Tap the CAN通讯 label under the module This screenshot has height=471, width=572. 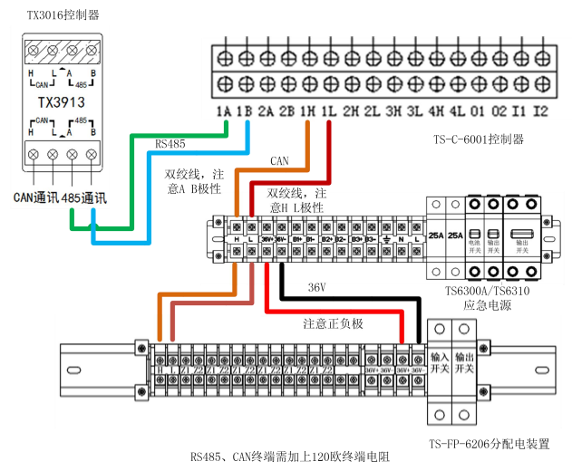tap(35, 197)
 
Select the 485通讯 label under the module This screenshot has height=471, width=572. tap(84, 197)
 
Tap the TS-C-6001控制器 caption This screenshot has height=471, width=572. tap(479, 139)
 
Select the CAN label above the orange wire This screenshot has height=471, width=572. tap(279, 160)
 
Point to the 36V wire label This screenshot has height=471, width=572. tap(316, 287)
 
